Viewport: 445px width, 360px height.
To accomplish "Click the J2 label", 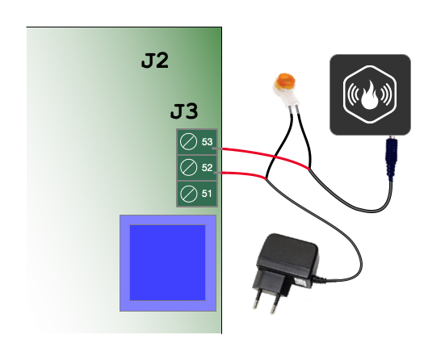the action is (155, 61).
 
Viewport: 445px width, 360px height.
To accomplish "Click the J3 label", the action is (184, 111).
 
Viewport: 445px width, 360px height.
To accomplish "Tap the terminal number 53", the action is (207, 141).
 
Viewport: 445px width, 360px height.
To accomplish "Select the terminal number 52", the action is (207, 168).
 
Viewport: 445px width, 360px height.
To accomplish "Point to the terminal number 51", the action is (207, 194).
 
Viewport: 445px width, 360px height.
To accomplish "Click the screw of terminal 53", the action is (188, 141).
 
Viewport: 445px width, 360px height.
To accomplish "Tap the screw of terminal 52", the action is (188, 167).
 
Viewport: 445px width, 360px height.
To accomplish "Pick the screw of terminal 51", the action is (188, 194).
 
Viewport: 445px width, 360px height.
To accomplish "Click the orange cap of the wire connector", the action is (285, 80).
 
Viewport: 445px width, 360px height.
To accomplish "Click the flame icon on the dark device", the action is (369, 95).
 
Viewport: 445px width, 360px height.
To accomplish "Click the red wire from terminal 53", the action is (266, 157).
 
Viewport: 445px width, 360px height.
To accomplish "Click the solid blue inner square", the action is (167, 262).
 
